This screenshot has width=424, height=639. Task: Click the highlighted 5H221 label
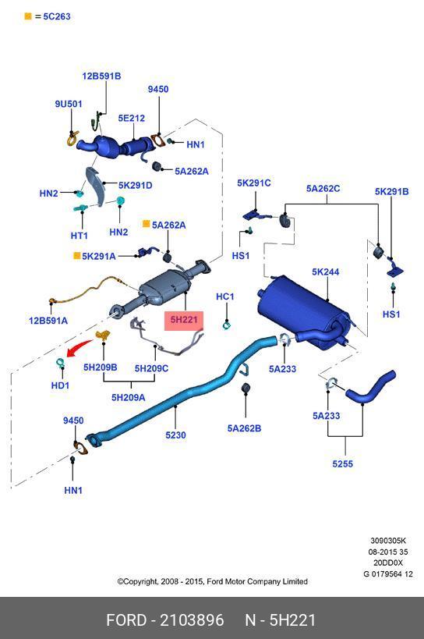coord(184,320)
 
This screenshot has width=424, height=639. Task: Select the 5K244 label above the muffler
coord(326,272)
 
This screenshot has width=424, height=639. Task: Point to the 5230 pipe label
coord(175,435)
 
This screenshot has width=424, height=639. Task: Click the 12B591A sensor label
coord(48,321)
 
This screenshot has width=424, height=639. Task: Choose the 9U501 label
coord(69,104)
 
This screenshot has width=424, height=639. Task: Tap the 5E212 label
coord(132,118)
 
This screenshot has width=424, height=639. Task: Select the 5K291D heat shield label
coord(135,186)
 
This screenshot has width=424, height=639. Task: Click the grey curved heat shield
coord(96,186)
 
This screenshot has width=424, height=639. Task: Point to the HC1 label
coord(225,296)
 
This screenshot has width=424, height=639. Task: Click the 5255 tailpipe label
coord(343,463)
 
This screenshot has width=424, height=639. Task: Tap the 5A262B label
coord(244,428)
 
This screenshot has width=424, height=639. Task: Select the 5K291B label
coord(391,191)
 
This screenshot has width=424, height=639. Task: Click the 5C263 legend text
coord(57,16)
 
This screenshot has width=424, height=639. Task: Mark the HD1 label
coord(60,385)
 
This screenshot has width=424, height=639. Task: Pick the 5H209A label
coord(128,397)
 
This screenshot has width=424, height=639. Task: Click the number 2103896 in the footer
coord(192,620)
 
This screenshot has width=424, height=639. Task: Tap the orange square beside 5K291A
coord(76,256)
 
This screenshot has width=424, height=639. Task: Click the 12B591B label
coord(101,76)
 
